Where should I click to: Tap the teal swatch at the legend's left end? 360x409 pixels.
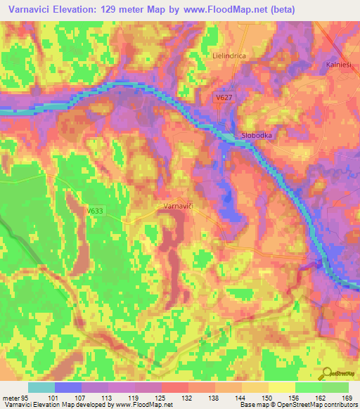coord(41,387)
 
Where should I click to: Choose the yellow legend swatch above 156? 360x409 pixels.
coord(281,387)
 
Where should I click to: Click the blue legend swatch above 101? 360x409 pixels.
coord(68,387)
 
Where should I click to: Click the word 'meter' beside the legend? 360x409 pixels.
coord(10,397)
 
